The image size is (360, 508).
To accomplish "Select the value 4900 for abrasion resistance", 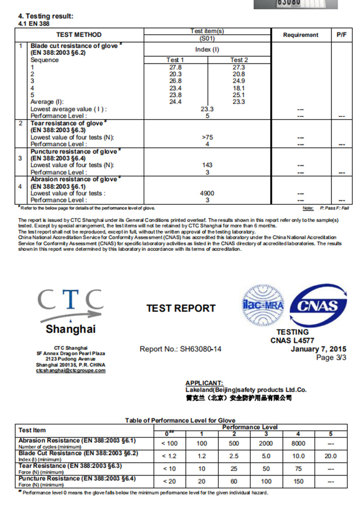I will [207, 193].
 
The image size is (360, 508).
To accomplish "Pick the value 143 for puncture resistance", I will [207, 165].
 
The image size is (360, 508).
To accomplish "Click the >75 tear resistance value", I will [207, 137].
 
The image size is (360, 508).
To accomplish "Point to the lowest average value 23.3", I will [207, 109].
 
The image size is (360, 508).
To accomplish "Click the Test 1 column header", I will [175, 60].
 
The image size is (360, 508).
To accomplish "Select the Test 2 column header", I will [239, 60].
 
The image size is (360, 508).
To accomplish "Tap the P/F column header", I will [341, 35].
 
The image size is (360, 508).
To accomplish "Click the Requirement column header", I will [301, 35].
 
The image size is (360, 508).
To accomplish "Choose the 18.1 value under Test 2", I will [239, 88].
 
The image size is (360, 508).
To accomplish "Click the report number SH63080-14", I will [181, 349].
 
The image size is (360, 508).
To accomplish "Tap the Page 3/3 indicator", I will [331, 358].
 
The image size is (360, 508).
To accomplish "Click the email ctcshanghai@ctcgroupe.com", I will [71, 370].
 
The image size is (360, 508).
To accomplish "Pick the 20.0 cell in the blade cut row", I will [331, 456].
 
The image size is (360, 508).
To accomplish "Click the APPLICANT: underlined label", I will [204, 383].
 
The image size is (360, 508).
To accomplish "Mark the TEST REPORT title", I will [181, 308].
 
